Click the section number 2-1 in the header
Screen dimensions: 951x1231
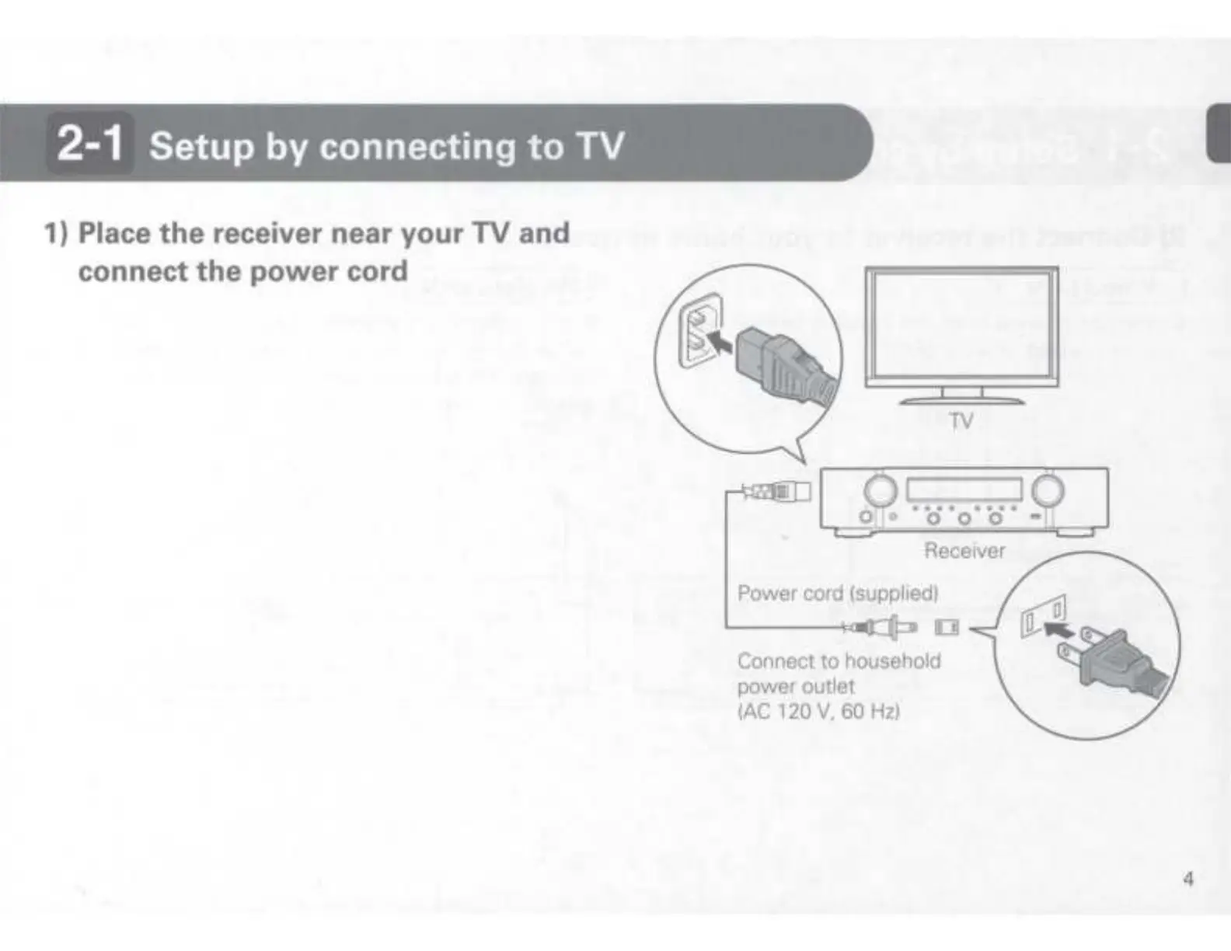[90, 145]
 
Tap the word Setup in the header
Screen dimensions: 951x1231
[201, 146]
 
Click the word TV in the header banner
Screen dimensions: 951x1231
[598, 145]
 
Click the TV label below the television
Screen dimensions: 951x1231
[961, 421]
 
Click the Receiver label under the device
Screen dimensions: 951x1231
[964, 551]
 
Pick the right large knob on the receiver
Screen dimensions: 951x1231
[1048, 489]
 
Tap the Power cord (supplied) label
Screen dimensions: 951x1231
[838, 594]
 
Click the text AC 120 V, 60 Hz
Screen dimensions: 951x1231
[818, 712]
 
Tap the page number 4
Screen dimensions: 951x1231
[1187, 880]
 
